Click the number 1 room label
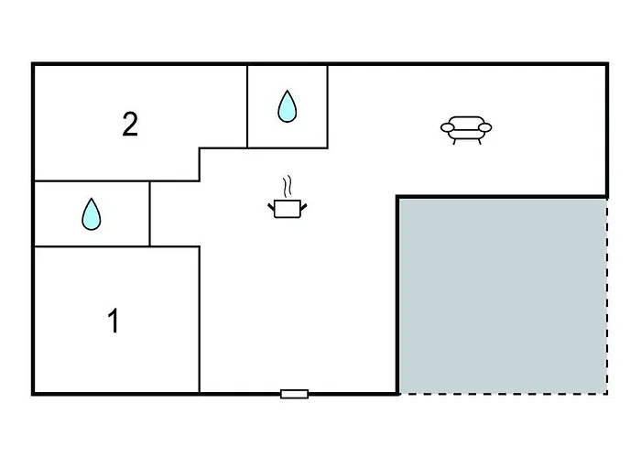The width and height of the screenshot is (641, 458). [114, 322]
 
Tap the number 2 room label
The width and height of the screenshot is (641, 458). [130, 125]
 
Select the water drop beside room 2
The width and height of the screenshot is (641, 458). [288, 106]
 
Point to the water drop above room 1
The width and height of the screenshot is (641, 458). [92, 214]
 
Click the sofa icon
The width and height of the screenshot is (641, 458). [466, 128]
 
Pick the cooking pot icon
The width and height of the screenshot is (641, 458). [287, 208]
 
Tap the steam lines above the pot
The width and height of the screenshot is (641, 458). [288, 186]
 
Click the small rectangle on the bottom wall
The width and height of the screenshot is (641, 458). [294, 394]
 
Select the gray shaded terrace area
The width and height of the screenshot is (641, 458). [502, 295]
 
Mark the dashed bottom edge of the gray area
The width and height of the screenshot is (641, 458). [502, 394]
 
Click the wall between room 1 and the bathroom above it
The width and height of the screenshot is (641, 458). [92, 246]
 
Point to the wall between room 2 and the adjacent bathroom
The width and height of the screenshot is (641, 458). [248, 106]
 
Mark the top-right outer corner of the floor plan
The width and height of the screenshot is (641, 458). [607, 64]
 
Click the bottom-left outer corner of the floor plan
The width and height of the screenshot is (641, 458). [33, 394]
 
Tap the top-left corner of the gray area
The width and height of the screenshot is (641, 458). [398, 197]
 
